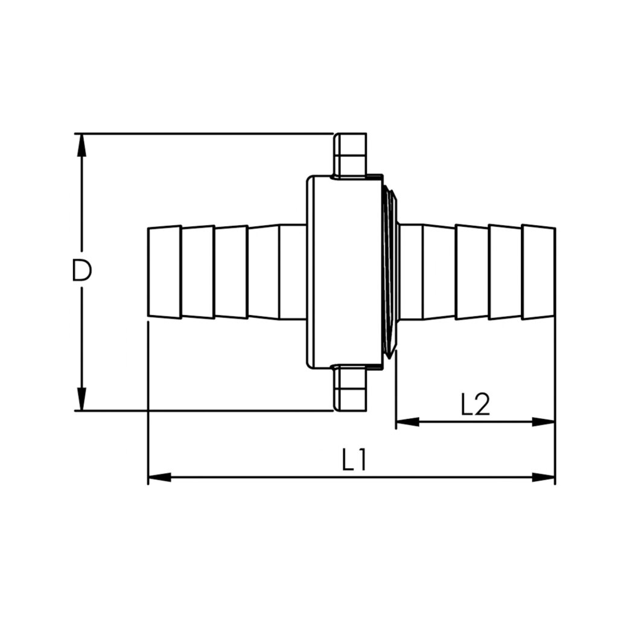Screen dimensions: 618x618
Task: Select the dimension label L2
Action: pyautogui.click(x=474, y=405)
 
